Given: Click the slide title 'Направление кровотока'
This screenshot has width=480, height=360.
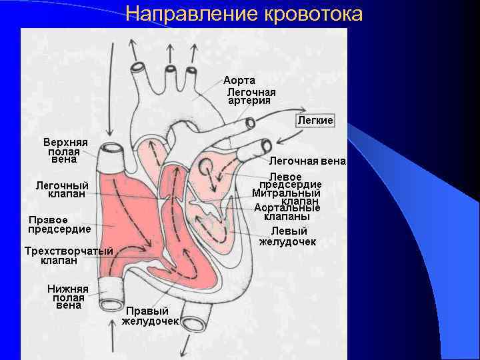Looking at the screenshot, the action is [x=244, y=14].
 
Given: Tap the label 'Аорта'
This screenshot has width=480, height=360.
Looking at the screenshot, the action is [x=239, y=80].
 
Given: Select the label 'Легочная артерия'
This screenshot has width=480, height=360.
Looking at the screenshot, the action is [x=251, y=96].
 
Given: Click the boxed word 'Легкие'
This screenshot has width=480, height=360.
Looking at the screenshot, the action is [x=315, y=120].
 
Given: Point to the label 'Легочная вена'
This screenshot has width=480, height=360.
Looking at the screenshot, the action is [x=307, y=161].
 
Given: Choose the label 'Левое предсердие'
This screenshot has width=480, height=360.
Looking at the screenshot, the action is [x=290, y=180].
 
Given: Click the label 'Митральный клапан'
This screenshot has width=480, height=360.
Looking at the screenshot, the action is [x=287, y=197].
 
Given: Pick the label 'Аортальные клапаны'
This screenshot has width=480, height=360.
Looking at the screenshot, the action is [x=287, y=212].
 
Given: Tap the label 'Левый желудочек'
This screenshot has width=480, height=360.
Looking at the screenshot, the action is [x=287, y=236].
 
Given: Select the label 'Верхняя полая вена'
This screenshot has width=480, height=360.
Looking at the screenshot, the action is [x=65, y=151].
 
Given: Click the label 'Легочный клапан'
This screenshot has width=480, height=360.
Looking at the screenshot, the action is [x=63, y=189].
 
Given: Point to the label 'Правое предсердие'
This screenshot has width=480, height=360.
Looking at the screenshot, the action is [x=59, y=224].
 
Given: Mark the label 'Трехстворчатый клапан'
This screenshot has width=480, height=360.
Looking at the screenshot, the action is [x=68, y=255].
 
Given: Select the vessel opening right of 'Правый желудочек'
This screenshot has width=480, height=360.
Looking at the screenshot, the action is [x=194, y=325].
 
